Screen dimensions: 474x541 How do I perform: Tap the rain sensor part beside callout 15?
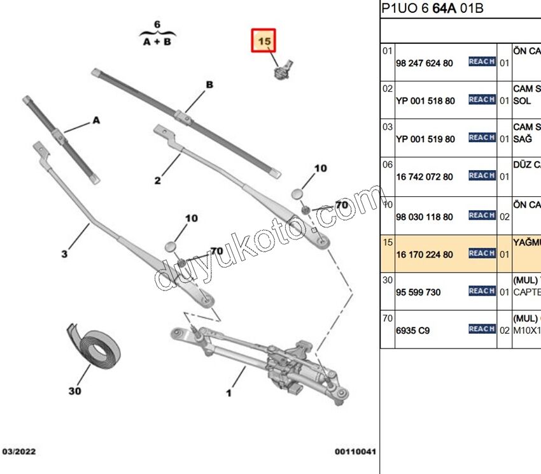282,69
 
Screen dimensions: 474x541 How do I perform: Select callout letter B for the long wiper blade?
209,85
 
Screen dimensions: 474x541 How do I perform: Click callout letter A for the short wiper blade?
96,120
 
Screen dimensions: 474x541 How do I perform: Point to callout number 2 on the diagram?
157,180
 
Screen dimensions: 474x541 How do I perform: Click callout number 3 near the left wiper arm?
64,254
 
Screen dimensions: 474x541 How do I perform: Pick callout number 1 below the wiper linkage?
228,393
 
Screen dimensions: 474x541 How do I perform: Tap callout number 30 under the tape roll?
74,391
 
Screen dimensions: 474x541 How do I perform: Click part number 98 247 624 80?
425,63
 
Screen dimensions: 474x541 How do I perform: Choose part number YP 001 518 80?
425,101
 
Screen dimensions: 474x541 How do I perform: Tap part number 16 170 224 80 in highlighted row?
425,255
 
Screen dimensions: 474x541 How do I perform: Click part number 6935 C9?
412,331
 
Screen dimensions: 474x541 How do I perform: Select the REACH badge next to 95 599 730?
482,291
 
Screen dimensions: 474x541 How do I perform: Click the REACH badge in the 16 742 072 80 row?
482,176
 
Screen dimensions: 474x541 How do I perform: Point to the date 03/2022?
19,452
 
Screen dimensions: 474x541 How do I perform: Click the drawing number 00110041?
356,452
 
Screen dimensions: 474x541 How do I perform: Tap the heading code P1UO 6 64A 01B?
432,8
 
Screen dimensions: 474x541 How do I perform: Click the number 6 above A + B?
157,25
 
